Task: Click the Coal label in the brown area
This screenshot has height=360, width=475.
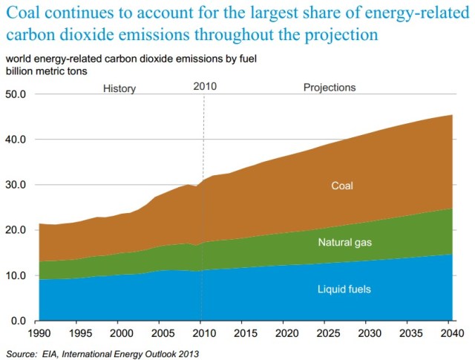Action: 342,185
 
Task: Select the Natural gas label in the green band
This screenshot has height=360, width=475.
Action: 344,243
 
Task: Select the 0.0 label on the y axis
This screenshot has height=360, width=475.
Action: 18,321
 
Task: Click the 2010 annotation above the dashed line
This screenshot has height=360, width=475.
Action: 204,87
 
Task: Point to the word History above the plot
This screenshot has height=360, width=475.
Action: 119,88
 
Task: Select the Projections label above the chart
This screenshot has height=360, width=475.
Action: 330,88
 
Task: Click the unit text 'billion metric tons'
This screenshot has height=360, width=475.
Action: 46,71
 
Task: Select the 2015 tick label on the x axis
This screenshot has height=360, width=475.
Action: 245,334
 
